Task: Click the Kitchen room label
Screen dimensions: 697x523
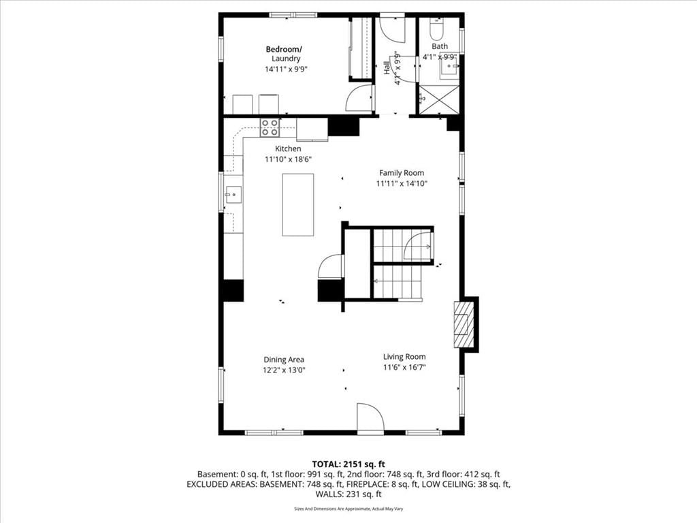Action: [x=288, y=148]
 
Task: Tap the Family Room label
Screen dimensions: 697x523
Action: [x=402, y=173]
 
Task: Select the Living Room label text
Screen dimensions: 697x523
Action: [x=404, y=357]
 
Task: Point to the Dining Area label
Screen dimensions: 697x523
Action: [x=284, y=360]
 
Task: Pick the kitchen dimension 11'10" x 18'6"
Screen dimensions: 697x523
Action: [x=288, y=159]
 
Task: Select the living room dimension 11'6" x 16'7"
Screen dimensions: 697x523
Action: [x=404, y=367]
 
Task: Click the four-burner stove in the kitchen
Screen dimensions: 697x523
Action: [x=270, y=127]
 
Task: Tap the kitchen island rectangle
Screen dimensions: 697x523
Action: [x=298, y=204]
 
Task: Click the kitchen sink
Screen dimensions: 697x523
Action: [x=233, y=195]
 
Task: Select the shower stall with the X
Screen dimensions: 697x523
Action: [x=439, y=100]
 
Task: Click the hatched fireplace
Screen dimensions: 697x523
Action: [x=464, y=325]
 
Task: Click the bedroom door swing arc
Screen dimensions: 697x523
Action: [x=359, y=98]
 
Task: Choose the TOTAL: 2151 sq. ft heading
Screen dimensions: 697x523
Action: [x=348, y=464]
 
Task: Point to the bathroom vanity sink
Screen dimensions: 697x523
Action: [x=449, y=68]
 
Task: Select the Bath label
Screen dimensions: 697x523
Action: [x=440, y=46]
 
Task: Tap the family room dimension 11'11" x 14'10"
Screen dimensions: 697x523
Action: [x=402, y=184]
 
